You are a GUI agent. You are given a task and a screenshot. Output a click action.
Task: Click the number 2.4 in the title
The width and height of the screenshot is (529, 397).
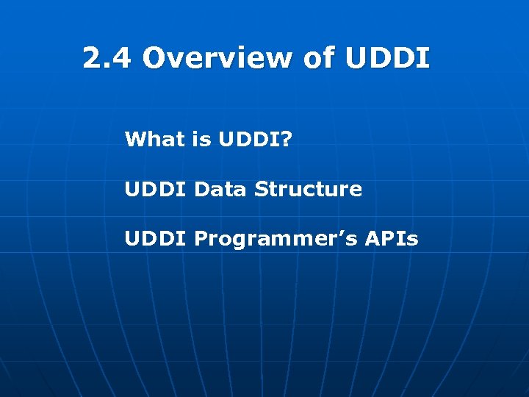[x=108, y=57]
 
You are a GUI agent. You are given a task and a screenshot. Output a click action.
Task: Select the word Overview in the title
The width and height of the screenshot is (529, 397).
[x=217, y=57]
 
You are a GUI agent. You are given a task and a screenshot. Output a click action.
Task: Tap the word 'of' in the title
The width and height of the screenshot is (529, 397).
[x=318, y=57]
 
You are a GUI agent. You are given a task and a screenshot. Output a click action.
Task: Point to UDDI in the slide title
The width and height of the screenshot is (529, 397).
[x=386, y=57]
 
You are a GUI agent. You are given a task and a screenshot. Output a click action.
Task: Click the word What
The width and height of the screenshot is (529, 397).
[x=154, y=139]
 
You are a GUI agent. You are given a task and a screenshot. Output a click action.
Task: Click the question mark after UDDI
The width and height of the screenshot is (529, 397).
[x=285, y=139]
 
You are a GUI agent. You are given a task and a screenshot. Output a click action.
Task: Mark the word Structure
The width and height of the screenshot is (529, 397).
[x=308, y=189]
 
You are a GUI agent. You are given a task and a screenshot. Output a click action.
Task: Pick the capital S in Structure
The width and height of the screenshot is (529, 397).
[x=261, y=189]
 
